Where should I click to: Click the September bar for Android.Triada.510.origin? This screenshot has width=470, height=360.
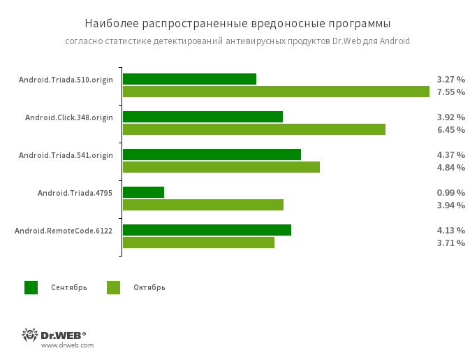tap(189, 79)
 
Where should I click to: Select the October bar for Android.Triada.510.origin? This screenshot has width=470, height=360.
tap(276, 92)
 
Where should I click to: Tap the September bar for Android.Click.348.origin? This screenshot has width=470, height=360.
tap(203, 117)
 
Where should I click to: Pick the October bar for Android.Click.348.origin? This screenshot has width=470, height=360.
tap(254, 129)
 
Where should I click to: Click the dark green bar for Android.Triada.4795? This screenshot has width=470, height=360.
tap(143, 192)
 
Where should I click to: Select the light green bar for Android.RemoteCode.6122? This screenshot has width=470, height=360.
tap(198, 243)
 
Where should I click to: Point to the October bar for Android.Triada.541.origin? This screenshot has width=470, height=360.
tap(221, 167)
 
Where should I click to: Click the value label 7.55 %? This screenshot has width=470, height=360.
tap(450, 92)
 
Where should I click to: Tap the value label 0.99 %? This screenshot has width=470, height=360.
tap(450, 192)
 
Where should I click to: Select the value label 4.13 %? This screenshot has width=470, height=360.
tap(450, 230)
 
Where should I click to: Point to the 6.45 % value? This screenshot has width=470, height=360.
tap(450, 129)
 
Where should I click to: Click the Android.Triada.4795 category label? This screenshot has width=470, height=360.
tap(75, 192)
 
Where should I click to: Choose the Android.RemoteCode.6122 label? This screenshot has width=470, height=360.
tap(64, 230)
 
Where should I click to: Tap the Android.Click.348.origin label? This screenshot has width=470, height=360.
tap(68, 117)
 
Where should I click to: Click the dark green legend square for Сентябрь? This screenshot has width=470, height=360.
tap(31, 287)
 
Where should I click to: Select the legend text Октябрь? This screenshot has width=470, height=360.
tap(149, 287)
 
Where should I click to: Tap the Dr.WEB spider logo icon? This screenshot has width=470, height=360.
tap(30, 335)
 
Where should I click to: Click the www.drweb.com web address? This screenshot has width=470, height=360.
tap(67, 345)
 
